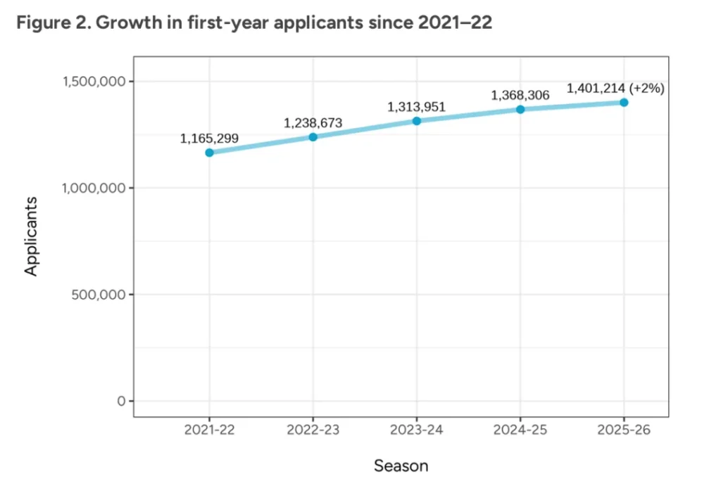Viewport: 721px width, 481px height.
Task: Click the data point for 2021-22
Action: [x=209, y=153]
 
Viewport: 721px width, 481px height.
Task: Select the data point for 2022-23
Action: [x=313, y=136]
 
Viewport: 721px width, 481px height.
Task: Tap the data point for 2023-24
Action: [x=416, y=121]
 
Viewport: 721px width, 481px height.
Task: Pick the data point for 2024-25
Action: [x=520, y=109]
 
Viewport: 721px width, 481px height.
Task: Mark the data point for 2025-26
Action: [x=624, y=102]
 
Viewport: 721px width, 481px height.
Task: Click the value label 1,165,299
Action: [x=209, y=139]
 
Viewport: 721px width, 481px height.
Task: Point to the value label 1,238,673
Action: [x=313, y=123]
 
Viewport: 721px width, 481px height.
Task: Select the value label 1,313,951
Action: [x=416, y=107]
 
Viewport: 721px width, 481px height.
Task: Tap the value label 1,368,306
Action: [x=520, y=95]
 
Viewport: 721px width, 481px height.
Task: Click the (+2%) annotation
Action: [x=649, y=89]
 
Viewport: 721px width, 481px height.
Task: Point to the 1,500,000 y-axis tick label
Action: [x=94, y=82]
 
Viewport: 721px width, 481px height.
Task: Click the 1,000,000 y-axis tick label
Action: [x=94, y=188]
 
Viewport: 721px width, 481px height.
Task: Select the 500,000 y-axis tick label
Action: [x=99, y=295]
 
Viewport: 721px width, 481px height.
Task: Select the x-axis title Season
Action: [x=401, y=465]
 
